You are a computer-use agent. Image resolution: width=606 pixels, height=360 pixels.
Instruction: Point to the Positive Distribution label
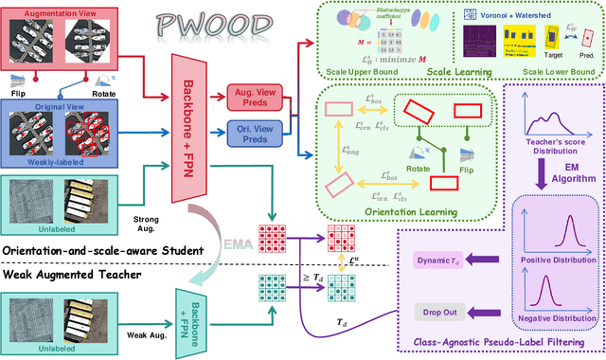(x=559, y=259)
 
